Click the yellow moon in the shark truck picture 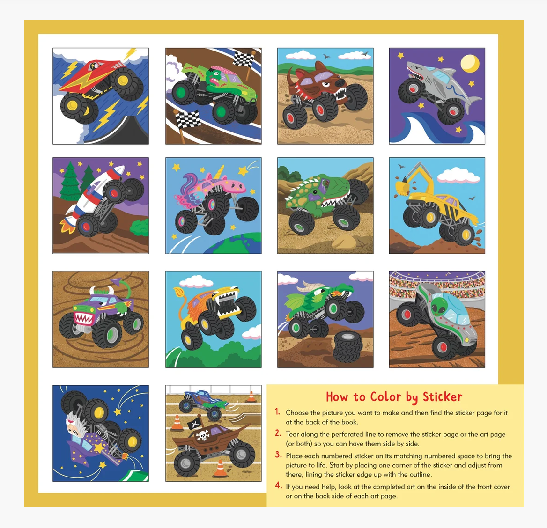click(470, 64)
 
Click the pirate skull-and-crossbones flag click(193, 424)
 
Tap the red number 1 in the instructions click(277, 412)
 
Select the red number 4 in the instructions click(278, 485)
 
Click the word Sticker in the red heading click(442, 397)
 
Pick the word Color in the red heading click(385, 397)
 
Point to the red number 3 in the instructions click(278, 455)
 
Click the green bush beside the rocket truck click(140, 227)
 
